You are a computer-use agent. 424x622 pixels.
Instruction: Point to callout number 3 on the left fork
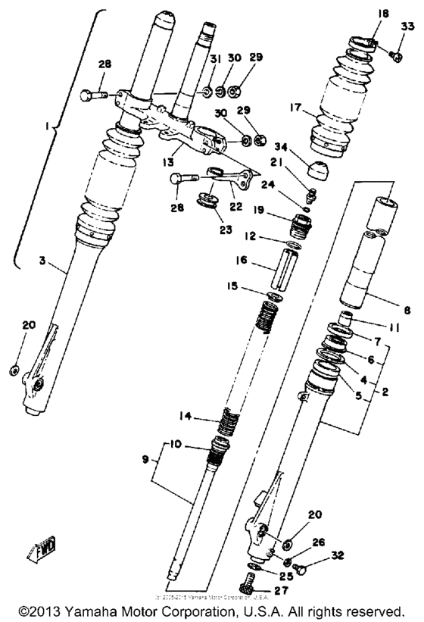click(x=43, y=261)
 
